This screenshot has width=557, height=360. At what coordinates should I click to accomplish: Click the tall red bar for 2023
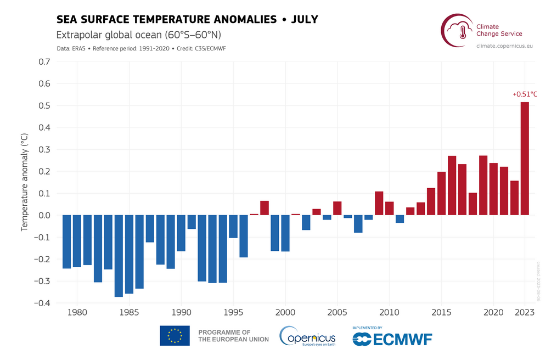click(525, 159)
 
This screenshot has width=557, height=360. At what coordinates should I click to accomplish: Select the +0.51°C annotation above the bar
click(525, 94)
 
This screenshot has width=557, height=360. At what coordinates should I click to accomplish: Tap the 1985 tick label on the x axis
click(129, 312)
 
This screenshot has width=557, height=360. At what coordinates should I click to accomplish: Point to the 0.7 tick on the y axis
click(44, 62)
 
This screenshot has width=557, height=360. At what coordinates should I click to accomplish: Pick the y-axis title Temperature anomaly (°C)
click(25, 182)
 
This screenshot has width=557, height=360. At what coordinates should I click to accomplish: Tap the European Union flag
click(175, 335)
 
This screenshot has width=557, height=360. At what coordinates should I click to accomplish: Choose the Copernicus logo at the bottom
click(307, 335)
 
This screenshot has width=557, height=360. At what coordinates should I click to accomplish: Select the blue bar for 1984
click(119, 256)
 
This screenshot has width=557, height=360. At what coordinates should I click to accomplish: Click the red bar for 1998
click(265, 208)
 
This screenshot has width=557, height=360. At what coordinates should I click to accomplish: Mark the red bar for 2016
click(452, 185)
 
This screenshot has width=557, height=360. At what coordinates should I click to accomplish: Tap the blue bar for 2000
click(285, 233)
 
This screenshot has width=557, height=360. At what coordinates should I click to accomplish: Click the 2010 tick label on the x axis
click(390, 312)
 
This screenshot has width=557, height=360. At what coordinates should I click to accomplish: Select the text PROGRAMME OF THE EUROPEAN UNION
click(233, 336)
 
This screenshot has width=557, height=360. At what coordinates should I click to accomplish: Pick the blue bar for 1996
click(244, 236)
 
